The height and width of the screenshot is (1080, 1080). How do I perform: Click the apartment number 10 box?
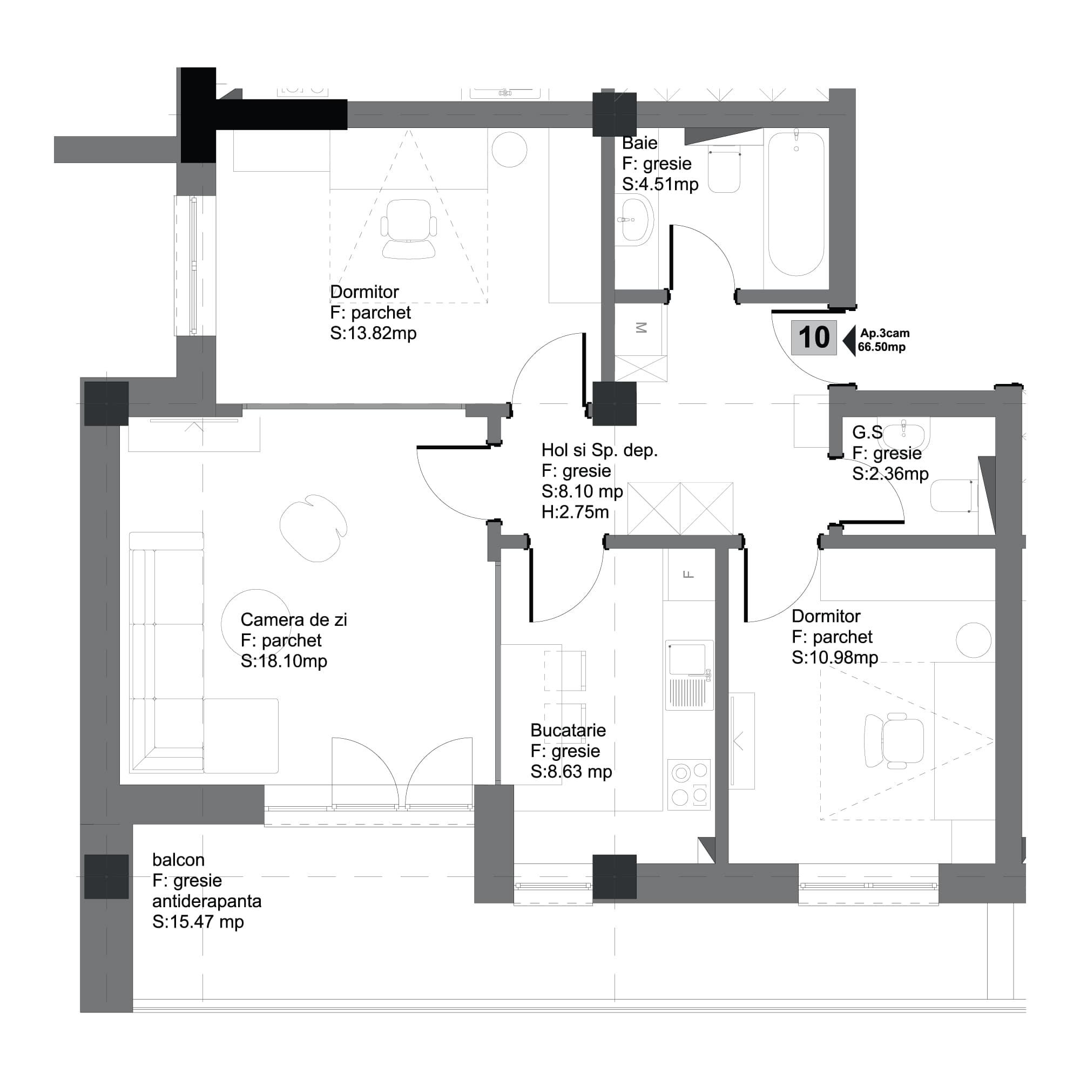pos(813,337)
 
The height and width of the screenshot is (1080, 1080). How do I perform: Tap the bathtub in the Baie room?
pos(795,204)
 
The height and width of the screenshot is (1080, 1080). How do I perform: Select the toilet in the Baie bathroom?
pos(724,170)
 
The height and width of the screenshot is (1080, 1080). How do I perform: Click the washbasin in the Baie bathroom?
pos(636,220)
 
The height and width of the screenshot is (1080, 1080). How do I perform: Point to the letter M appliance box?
pos(641,328)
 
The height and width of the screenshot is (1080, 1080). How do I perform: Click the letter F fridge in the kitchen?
pos(688,574)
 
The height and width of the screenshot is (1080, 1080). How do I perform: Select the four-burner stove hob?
pos(689,784)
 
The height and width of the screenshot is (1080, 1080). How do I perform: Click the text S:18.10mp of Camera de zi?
pos(283,661)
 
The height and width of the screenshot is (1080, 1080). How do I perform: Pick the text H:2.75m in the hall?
pos(575,512)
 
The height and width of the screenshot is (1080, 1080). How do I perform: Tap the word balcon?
pos(178,860)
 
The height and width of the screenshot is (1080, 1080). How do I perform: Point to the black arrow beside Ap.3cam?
pos(849,340)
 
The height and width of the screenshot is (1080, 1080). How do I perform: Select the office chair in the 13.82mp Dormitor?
pos(409,229)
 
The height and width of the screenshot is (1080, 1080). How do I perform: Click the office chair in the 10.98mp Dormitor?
pos(894,741)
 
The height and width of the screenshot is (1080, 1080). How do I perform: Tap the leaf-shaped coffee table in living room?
pos(313,528)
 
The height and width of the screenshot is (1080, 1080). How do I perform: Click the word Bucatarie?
pos(568,731)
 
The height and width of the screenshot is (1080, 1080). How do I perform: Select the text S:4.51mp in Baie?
pos(660,184)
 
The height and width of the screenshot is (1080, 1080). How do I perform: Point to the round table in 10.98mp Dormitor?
pos(973,640)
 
